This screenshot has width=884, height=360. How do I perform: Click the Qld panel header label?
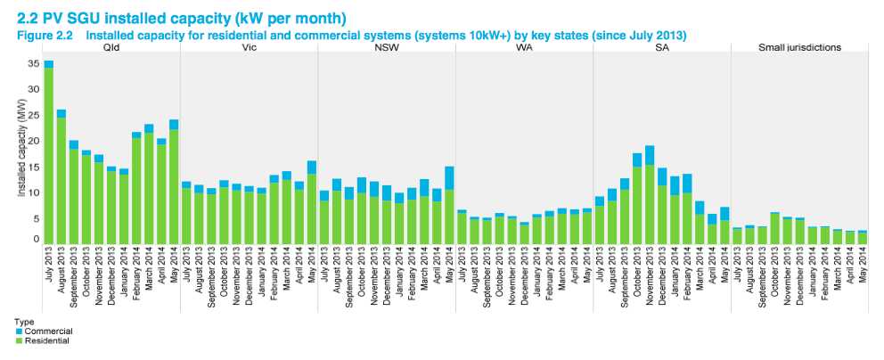[111, 46]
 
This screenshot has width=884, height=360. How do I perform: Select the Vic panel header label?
[250, 46]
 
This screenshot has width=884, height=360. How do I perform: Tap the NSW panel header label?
[387, 46]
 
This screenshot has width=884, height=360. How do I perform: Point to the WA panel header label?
[524, 46]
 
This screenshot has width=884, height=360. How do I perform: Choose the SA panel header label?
[661, 46]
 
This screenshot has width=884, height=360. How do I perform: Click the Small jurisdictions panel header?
[799, 46]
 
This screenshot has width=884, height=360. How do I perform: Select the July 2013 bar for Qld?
[49, 151]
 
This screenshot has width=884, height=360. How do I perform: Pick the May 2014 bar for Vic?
[312, 201]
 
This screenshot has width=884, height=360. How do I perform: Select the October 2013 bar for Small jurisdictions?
[774, 227]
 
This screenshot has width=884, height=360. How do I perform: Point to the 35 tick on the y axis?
[34, 63]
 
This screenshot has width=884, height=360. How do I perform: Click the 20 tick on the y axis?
[34, 140]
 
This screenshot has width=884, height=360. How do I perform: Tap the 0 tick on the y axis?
[37, 239]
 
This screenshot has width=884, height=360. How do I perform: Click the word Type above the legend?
[22, 323]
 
